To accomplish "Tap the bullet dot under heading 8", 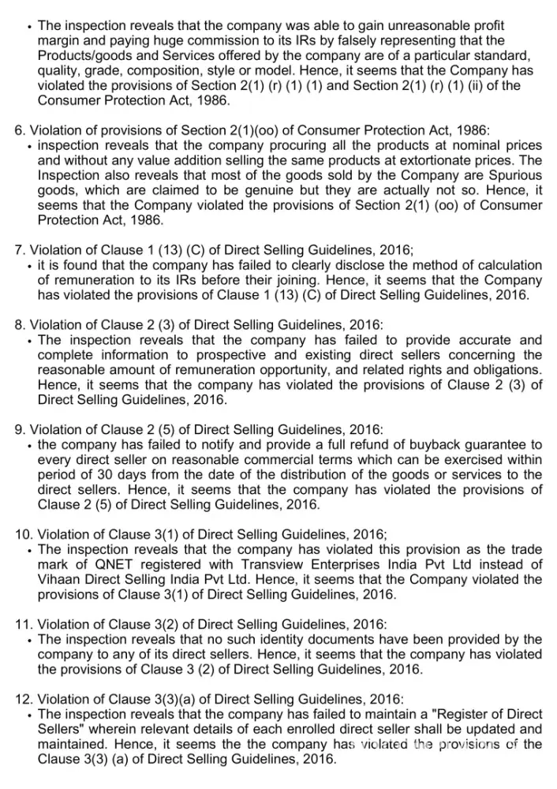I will tap(29, 341).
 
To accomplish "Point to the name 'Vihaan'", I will tap(58, 580).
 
